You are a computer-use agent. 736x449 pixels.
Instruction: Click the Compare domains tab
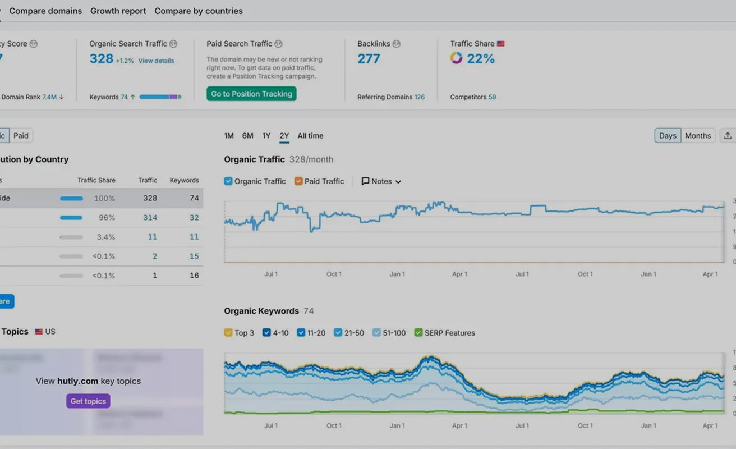coord(45,11)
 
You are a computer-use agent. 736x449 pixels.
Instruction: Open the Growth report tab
coord(118,11)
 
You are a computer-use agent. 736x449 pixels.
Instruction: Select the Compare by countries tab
coord(199,11)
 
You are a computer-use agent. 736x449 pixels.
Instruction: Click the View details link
coord(156,61)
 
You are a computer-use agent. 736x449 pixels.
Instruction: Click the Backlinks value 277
coord(369,58)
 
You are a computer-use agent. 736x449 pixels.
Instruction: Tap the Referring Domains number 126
coord(419,97)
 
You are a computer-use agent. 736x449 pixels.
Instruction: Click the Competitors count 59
coord(492,97)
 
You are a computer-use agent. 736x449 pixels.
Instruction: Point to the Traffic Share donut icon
coord(456,58)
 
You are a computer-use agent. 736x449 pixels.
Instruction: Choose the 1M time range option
coord(229,136)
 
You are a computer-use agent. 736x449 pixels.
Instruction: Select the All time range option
coord(310,136)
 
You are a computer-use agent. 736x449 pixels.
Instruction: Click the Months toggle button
coord(698,136)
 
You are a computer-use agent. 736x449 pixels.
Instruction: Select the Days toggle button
coord(668,136)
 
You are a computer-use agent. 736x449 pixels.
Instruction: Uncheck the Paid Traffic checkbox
coord(298,181)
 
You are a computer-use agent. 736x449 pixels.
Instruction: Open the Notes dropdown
coord(381,181)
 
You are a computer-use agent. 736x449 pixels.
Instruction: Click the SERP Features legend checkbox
coord(418,333)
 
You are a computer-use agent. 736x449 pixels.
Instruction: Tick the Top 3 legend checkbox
coord(228,333)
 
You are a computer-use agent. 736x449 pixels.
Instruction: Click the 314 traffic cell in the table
coord(150,217)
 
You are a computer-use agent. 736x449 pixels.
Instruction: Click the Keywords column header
coord(184,180)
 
